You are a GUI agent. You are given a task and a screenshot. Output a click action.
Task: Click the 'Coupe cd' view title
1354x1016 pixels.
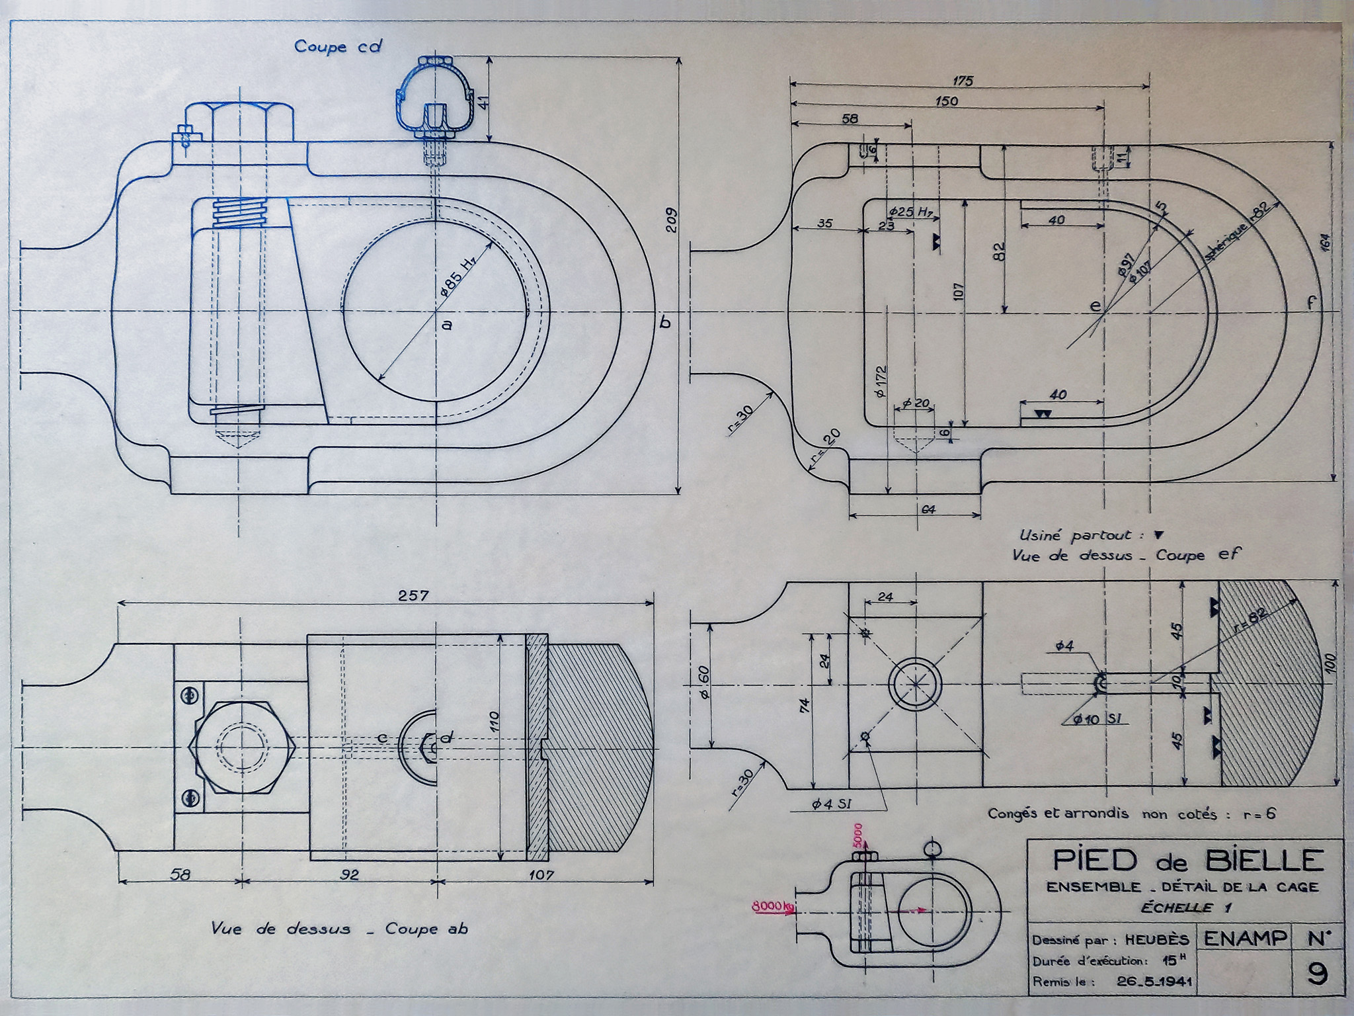[338, 47]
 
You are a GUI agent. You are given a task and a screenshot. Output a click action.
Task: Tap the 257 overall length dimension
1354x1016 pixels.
[414, 595]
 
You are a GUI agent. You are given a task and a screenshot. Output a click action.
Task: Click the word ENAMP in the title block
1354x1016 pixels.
[1245, 938]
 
